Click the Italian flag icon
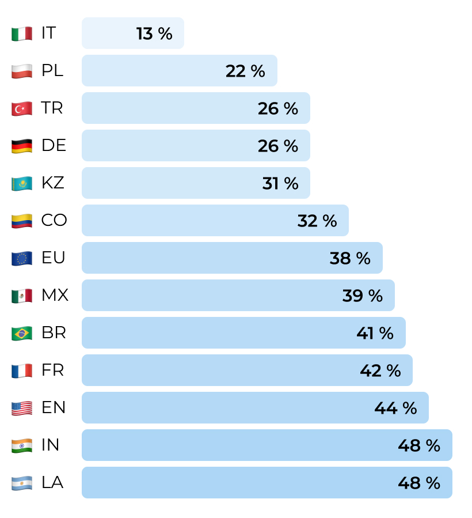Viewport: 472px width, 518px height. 21,33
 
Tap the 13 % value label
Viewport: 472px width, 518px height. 154,33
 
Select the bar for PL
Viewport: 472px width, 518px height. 179,71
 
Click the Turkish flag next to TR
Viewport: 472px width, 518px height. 21,108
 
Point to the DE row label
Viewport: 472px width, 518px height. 54,146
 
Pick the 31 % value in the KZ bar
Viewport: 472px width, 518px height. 280,183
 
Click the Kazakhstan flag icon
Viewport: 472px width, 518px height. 21,183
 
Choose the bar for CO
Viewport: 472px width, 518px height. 215,221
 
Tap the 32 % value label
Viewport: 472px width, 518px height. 317,221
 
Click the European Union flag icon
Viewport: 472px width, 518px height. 21,258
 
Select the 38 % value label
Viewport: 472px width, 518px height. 350,258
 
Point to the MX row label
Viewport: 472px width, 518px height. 55,296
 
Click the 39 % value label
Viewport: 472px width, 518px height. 362,296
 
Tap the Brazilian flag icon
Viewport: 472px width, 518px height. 21,333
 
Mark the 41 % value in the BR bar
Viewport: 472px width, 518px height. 375,333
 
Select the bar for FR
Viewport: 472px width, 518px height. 247,370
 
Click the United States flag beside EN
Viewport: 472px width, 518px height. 21,408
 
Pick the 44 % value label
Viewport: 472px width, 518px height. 395,408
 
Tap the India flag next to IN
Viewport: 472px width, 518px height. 21,445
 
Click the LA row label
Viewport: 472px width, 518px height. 52,483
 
